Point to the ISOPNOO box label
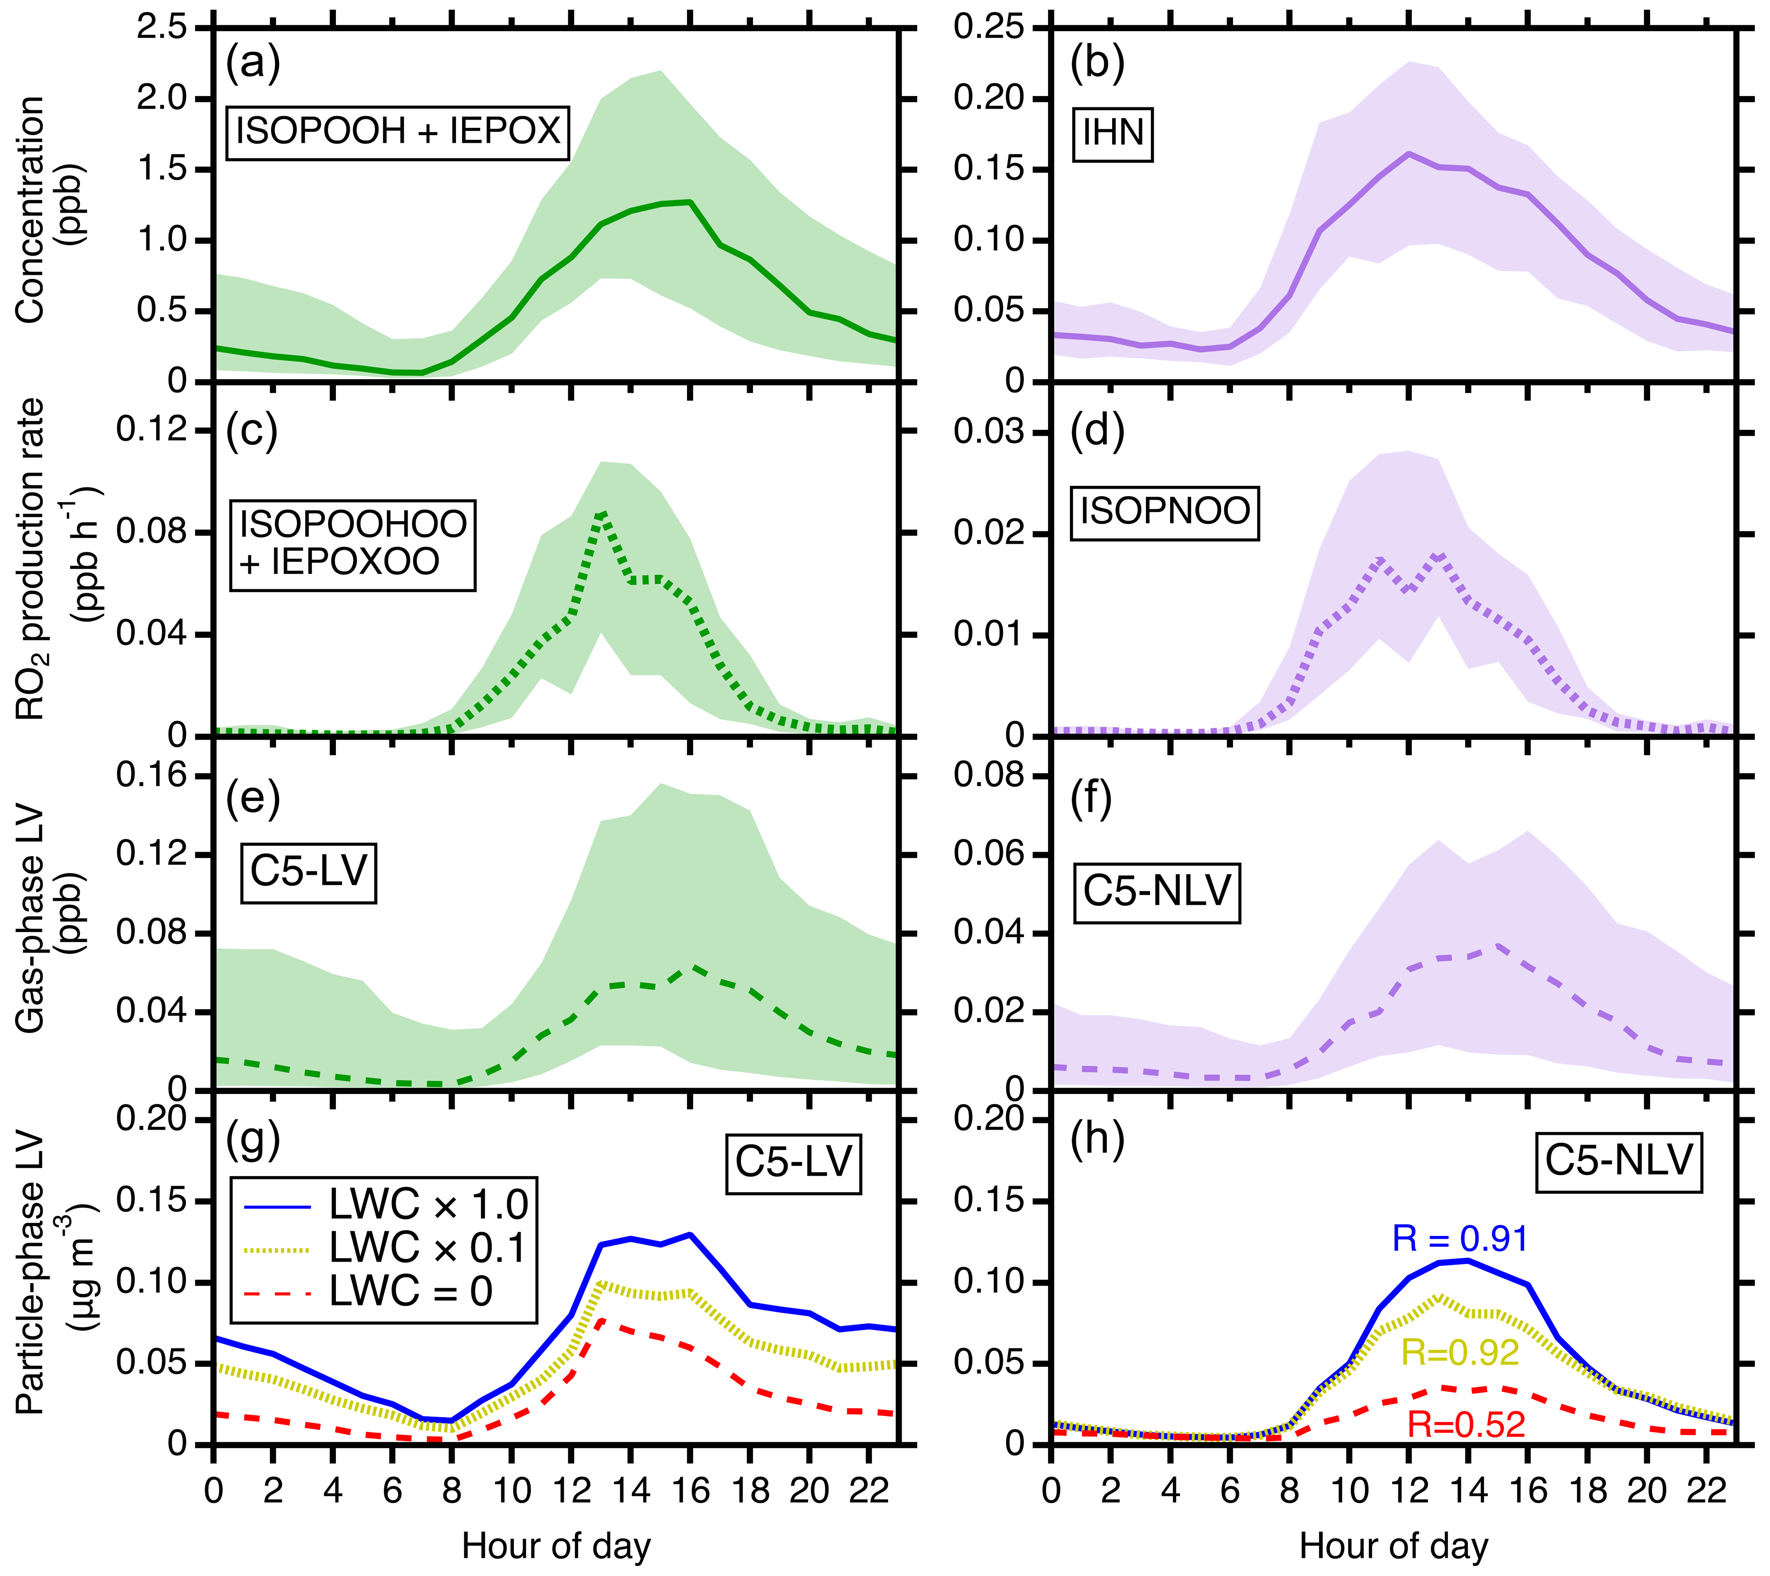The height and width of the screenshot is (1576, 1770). [1165, 512]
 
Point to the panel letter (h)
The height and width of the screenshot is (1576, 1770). [1097, 1140]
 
